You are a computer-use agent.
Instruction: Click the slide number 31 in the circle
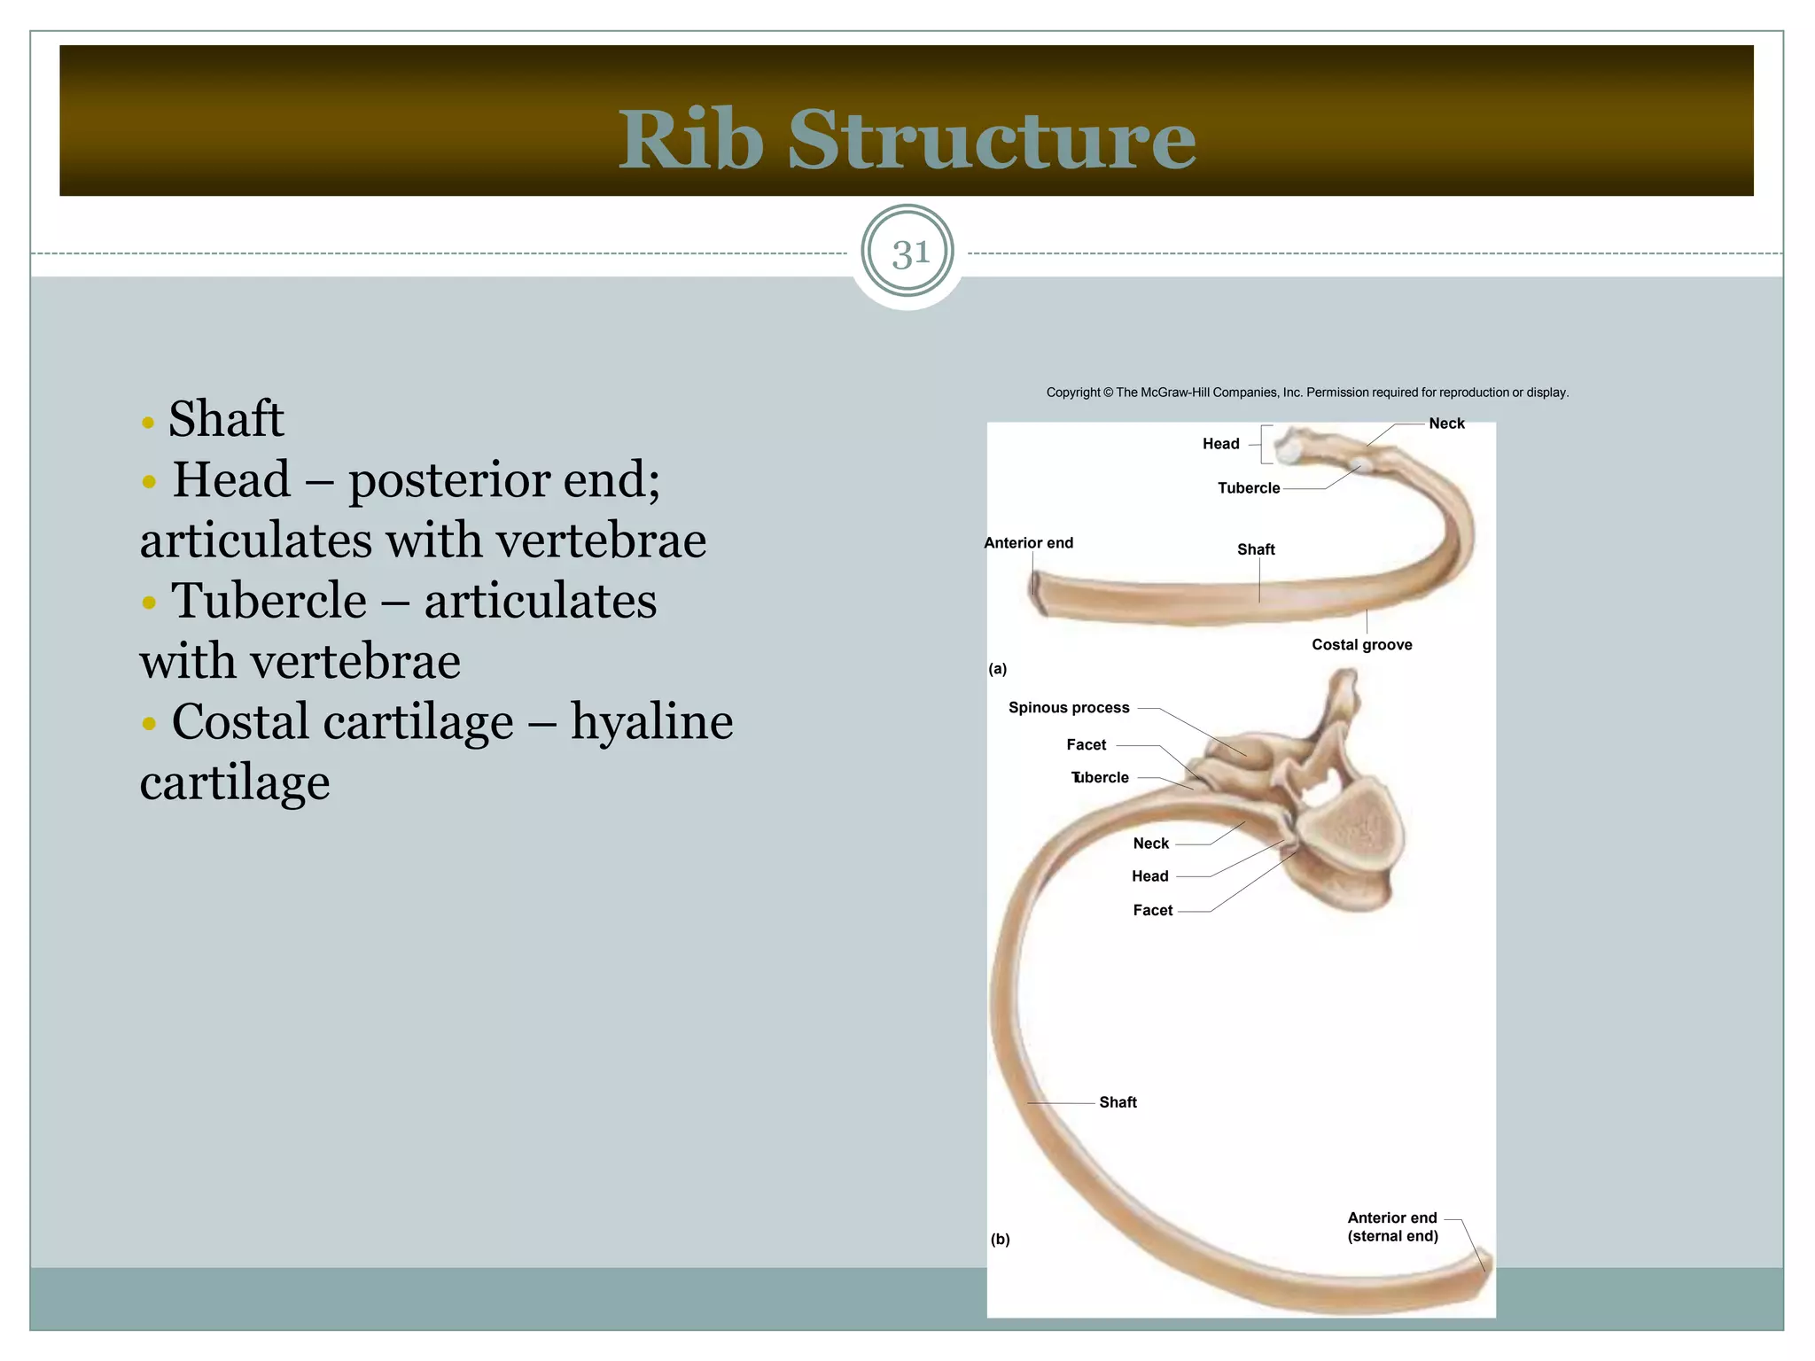click(x=909, y=254)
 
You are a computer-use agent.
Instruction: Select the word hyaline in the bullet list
click(x=651, y=722)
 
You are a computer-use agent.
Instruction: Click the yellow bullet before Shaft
click(x=148, y=422)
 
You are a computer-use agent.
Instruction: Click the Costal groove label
click(x=1361, y=645)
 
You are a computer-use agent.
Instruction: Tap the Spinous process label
click(x=1068, y=708)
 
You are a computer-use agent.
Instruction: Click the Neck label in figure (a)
click(x=1446, y=424)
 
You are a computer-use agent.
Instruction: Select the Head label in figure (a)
click(x=1220, y=444)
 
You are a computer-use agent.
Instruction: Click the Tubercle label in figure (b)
click(x=1100, y=778)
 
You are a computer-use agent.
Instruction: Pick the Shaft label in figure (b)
click(x=1118, y=1102)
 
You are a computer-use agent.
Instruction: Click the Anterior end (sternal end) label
click(x=1392, y=1227)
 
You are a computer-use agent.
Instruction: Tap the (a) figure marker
click(x=998, y=669)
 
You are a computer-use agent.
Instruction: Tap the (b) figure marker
click(x=1000, y=1240)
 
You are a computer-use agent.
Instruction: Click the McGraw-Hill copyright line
click(x=1306, y=393)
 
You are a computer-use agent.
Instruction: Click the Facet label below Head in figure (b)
click(x=1152, y=911)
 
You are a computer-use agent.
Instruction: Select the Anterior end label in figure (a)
click(x=1028, y=543)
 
